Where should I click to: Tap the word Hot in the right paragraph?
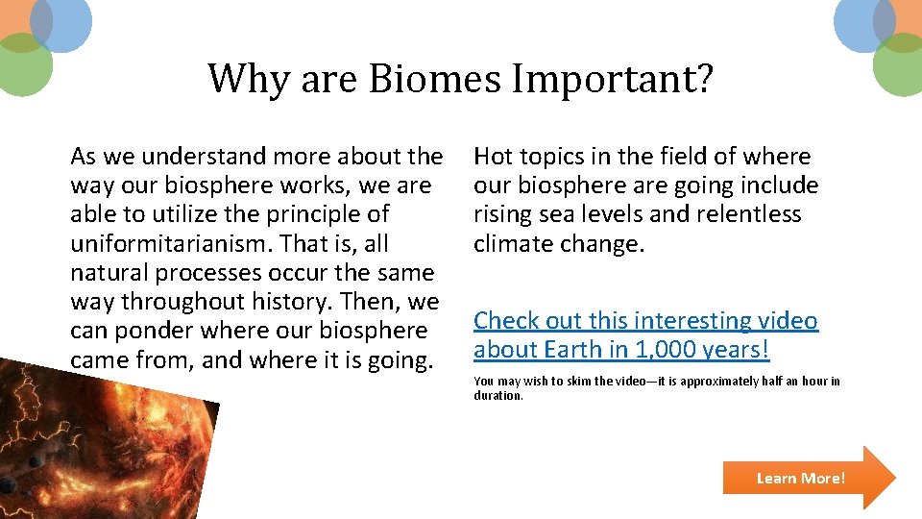(x=494, y=157)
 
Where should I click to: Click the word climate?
(x=514, y=243)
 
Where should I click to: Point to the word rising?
(x=502, y=214)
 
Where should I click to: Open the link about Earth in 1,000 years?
(x=645, y=334)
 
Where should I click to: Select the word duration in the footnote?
(x=497, y=395)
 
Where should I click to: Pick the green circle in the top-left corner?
(x=21, y=65)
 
